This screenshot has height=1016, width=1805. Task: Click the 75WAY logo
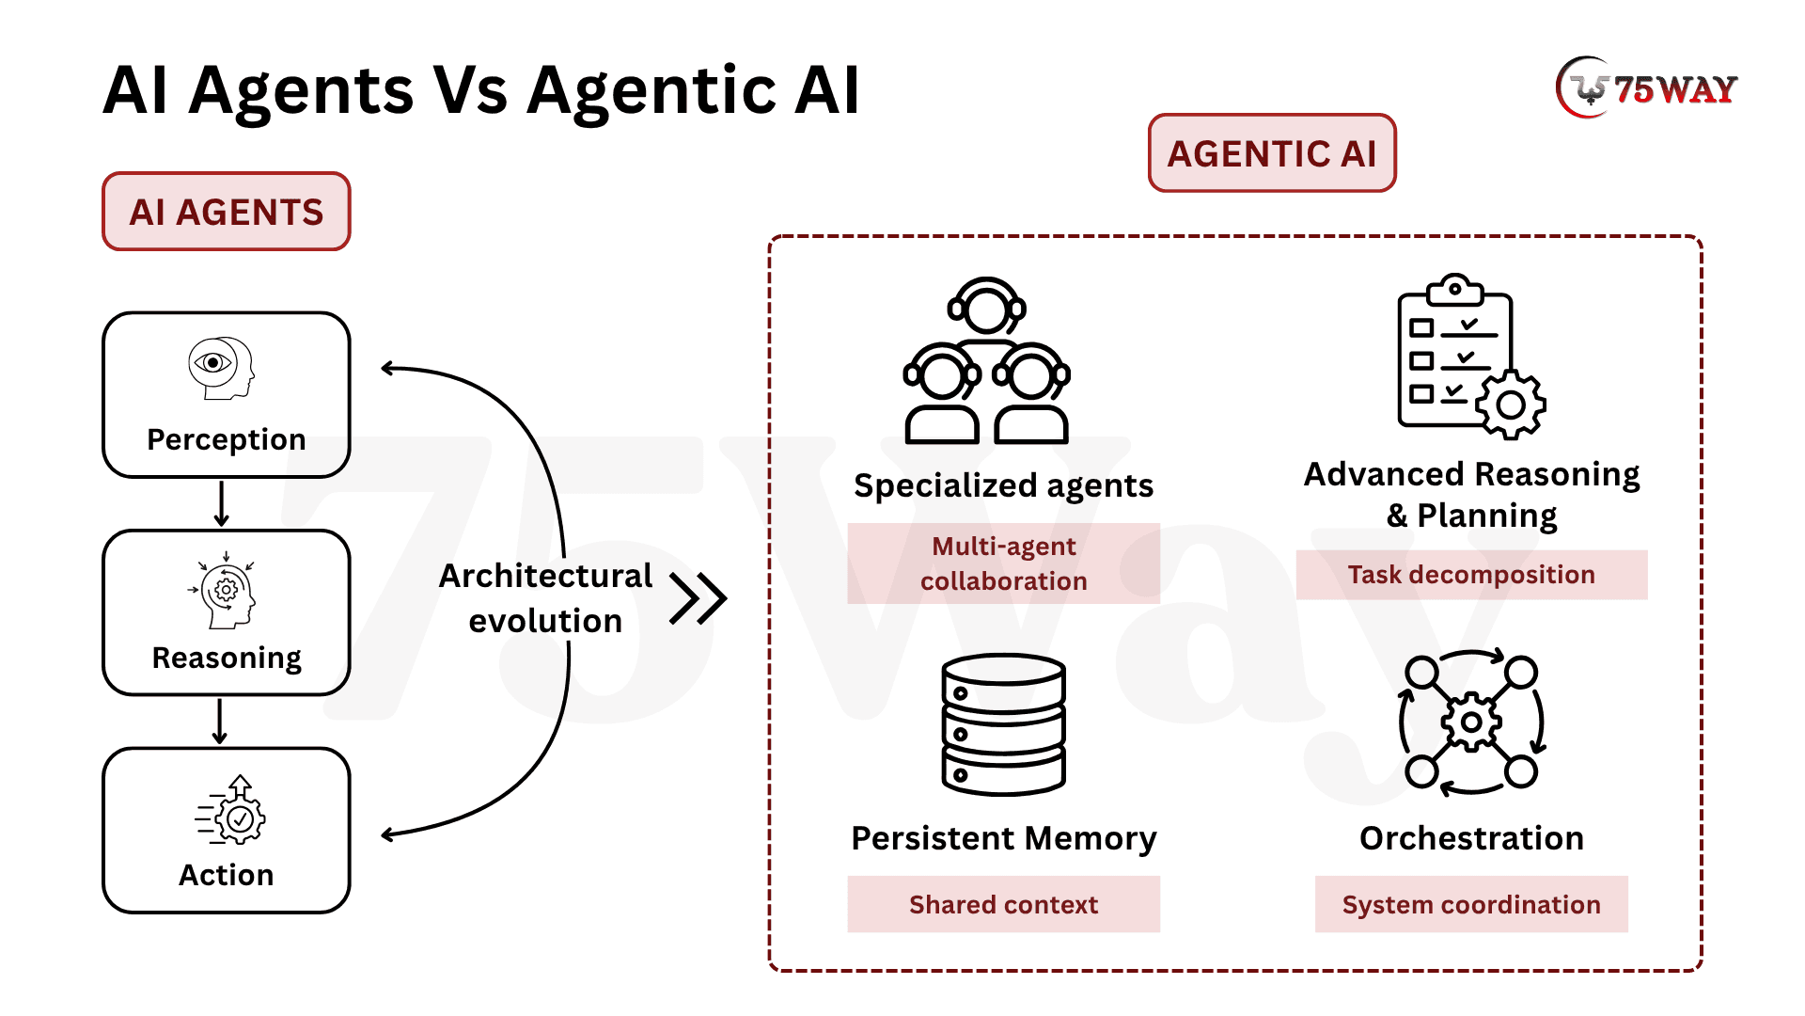(1646, 88)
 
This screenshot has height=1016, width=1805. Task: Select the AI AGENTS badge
(226, 212)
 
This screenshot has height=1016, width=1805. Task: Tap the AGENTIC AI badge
(1271, 153)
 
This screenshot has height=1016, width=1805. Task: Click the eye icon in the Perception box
(213, 362)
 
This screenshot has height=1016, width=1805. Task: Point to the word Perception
(226, 439)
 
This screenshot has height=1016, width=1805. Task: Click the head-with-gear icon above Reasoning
(226, 593)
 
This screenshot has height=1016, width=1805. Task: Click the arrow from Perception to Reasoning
(222, 504)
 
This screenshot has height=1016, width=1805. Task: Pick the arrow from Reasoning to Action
(220, 722)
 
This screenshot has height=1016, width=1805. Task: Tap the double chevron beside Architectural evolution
(698, 598)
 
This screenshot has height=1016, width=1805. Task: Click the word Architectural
(545, 576)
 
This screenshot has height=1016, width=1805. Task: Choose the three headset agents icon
(986, 361)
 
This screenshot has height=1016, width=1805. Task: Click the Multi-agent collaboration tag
(1003, 564)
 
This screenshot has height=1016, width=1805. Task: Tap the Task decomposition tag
(1471, 575)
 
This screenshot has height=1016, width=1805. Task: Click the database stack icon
(1003, 724)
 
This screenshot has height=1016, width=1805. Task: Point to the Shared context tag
(1003, 904)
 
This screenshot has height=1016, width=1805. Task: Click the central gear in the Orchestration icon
(1471, 722)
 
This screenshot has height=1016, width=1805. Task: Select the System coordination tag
(1471, 904)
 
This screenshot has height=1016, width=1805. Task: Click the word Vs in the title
(470, 91)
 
